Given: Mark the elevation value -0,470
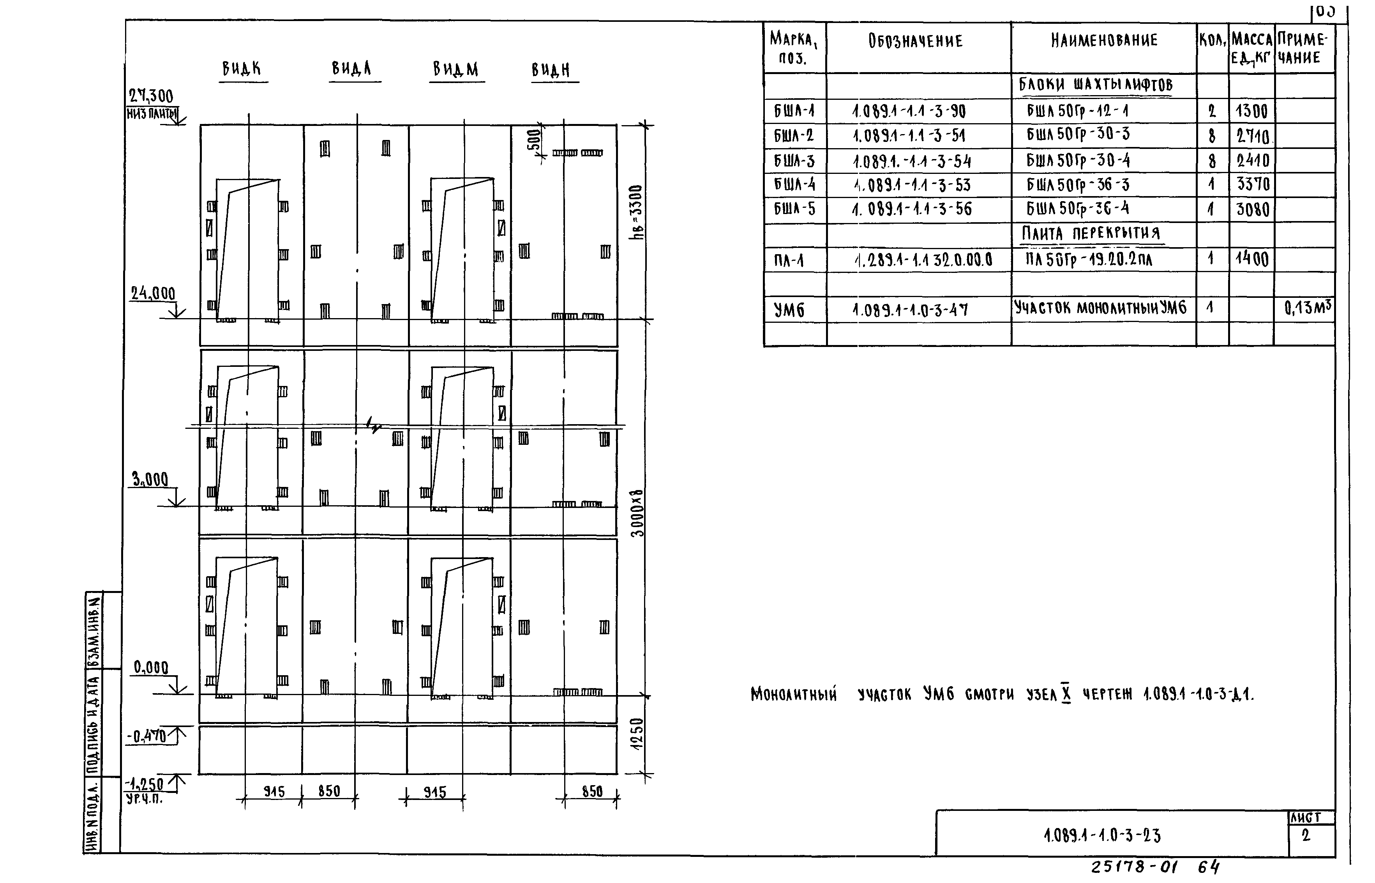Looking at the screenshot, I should pyautogui.click(x=147, y=736).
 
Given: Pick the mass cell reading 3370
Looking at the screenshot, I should pyautogui.click(x=1253, y=185).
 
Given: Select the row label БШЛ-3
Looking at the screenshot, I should pyautogui.click(x=794, y=161).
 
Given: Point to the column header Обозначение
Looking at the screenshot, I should pyautogui.click(x=916, y=41).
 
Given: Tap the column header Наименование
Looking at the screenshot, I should pyautogui.click(x=1104, y=40).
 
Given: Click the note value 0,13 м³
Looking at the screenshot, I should pyautogui.click(x=1307, y=308).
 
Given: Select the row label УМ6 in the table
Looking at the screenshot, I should pyautogui.click(x=789, y=310).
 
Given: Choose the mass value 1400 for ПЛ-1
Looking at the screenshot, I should pyautogui.click(x=1252, y=259).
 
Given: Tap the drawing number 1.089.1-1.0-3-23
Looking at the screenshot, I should pyautogui.click(x=1102, y=835).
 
